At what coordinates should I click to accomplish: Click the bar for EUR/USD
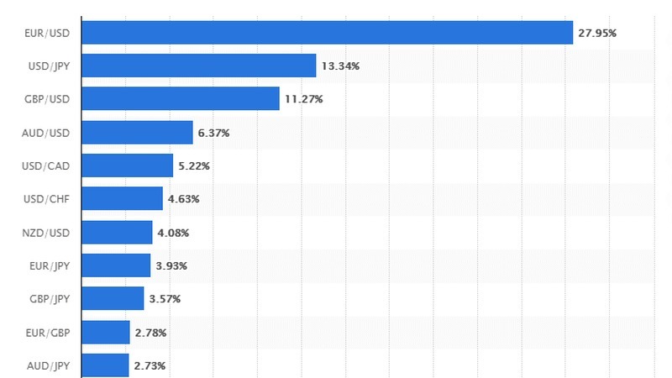(328, 33)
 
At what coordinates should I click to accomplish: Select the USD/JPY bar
(199, 66)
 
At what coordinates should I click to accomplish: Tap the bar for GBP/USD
(181, 99)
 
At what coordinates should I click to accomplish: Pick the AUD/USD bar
(138, 133)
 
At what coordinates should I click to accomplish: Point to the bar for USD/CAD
(128, 165)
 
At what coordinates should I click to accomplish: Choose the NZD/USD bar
(118, 232)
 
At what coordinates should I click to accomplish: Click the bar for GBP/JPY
(113, 298)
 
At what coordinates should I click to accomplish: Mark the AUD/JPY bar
(106, 365)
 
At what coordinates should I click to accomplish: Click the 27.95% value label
(597, 33)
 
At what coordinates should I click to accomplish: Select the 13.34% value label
(340, 66)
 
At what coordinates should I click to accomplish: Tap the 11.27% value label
(303, 99)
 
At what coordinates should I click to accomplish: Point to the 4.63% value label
(183, 199)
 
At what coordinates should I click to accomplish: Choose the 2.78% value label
(150, 333)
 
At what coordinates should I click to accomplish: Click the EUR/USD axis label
(48, 33)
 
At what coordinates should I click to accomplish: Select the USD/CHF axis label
(47, 199)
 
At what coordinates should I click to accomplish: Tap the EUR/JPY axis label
(49, 265)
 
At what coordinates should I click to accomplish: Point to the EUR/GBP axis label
(48, 333)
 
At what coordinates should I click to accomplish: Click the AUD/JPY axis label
(48, 365)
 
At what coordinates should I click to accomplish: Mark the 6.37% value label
(213, 133)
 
